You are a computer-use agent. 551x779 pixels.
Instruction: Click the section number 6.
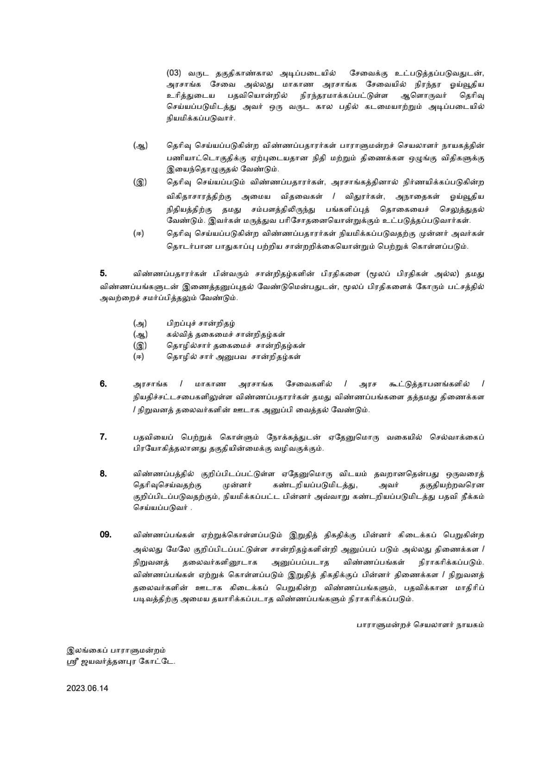103,383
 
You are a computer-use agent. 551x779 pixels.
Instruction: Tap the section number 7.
103,436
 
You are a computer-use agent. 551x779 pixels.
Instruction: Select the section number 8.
103,473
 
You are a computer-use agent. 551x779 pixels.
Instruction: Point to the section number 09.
106,534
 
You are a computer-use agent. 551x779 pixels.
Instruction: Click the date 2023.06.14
87,688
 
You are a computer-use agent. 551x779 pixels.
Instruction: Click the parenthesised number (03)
174,73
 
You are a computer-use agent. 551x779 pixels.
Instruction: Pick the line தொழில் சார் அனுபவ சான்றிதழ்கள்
234,357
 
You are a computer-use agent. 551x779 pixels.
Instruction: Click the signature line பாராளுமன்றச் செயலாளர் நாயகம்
420,624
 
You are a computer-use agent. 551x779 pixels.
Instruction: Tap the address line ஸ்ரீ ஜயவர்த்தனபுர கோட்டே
121,661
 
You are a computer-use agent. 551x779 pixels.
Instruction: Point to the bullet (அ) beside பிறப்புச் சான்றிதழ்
139,323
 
